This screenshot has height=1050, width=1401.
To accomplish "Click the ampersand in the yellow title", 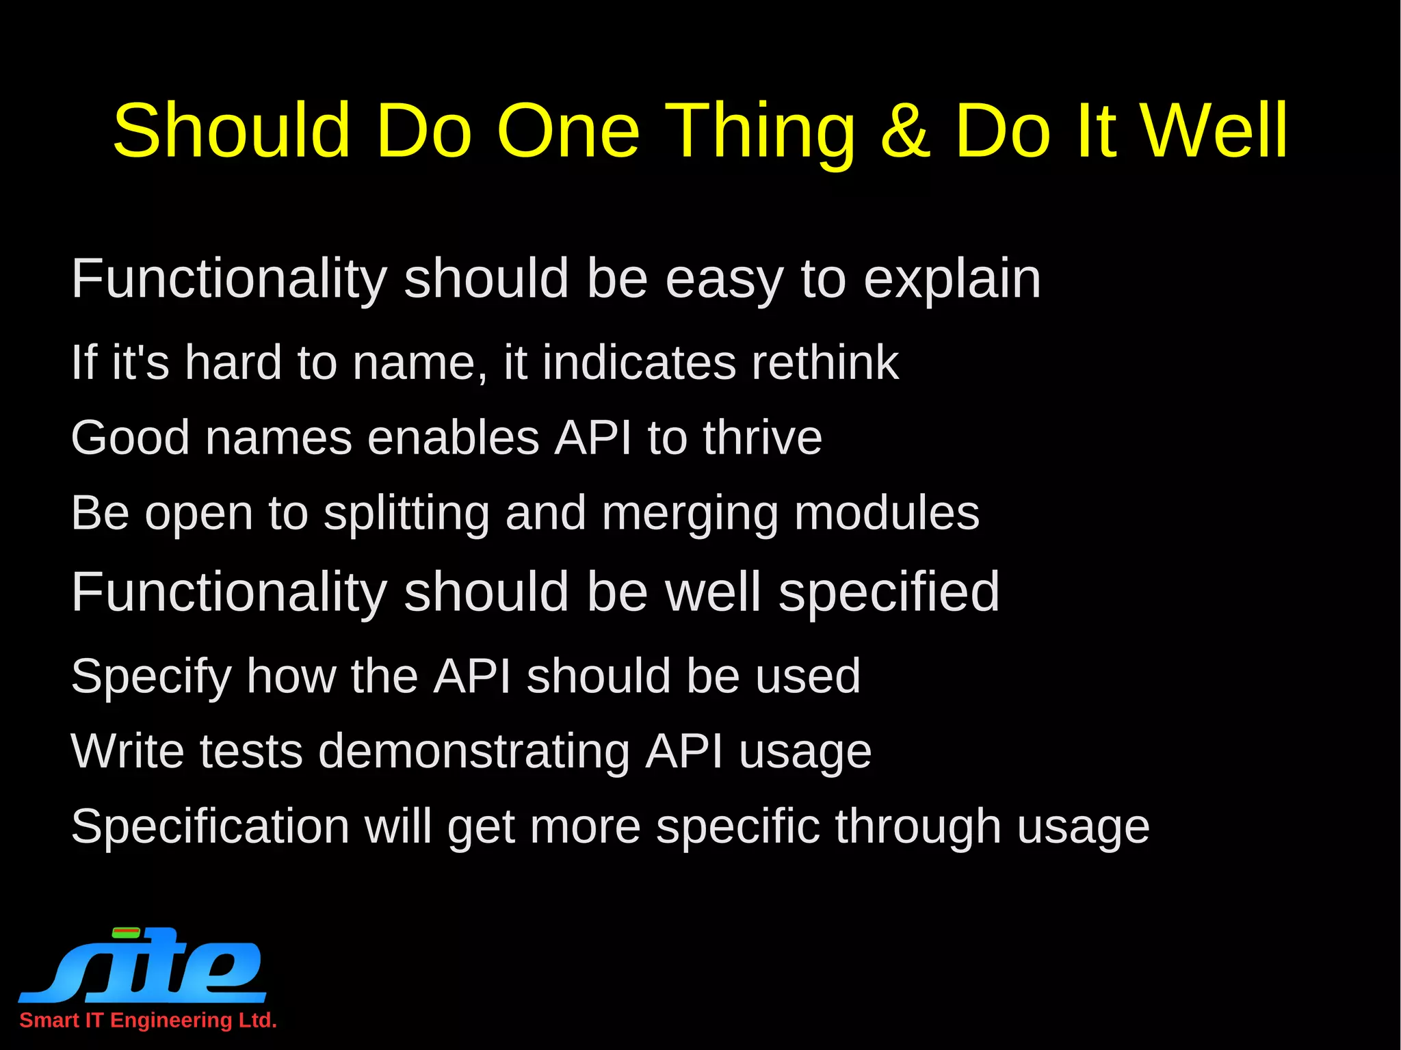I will point(906,130).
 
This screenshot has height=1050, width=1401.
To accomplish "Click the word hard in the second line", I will point(233,362).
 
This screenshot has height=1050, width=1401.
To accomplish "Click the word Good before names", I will point(130,437).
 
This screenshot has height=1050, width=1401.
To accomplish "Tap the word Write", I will point(127,751).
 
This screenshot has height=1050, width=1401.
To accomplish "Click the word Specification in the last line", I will point(210,827).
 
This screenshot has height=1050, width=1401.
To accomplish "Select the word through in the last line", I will point(917,827).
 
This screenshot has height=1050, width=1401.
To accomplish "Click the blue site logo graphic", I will point(143,964).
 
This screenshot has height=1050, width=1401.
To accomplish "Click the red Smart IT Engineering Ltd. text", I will point(148,1020).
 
